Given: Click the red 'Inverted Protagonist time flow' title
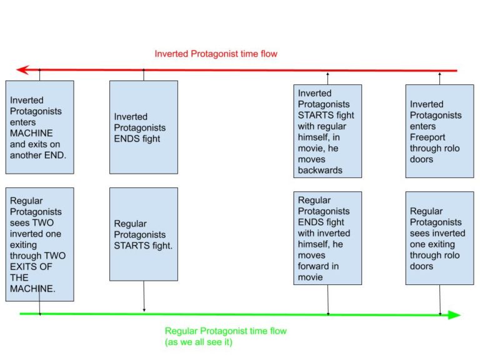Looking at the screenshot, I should [x=216, y=54].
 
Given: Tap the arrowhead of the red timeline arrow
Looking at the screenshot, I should [x=22, y=70].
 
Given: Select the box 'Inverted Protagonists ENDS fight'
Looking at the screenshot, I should [x=143, y=127].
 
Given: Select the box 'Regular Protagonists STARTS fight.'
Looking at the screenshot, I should [x=143, y=234].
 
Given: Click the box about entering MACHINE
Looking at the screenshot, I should [x=39, y=127].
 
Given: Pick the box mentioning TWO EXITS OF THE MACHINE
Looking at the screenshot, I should [x=39, y=244].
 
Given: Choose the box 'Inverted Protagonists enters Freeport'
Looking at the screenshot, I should [x=439, y=131].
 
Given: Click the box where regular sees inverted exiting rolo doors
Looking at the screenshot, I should [x=439, y=238].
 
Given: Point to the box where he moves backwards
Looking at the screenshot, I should [x=327, y=132].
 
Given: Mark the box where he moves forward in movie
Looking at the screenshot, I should [x=327, y=238].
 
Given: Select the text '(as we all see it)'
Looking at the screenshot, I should [x=198, y=342].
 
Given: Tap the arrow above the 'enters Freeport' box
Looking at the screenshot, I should [x=439, y=77].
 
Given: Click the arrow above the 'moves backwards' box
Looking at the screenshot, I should [x=327, y=77].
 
